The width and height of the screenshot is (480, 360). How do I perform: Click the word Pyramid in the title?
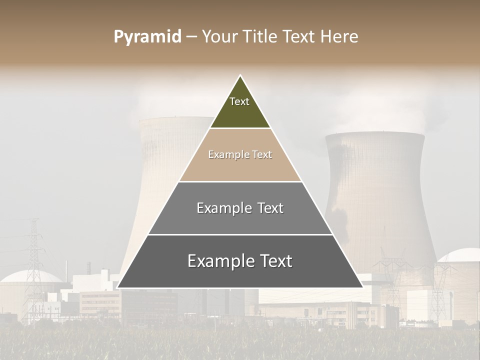(x=147, y=37)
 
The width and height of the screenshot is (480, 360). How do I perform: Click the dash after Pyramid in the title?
(x=191, y=37)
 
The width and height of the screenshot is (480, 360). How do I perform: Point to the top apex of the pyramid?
(x=240, y=76)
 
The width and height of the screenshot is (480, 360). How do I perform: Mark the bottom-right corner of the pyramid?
(x=362, y=287)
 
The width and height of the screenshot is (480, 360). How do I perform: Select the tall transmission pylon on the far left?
(x=33, y=260)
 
